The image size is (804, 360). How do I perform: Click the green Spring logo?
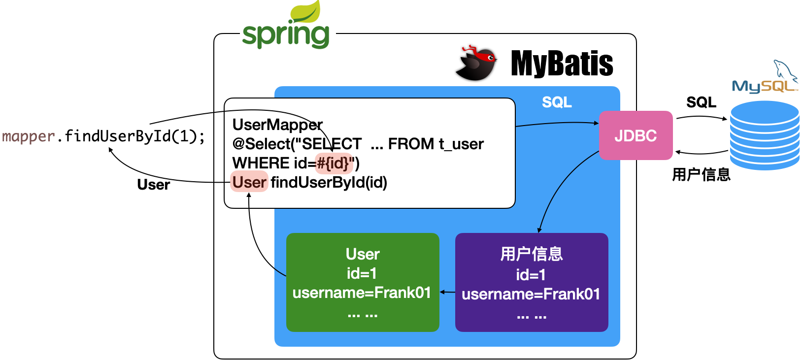(287, 27)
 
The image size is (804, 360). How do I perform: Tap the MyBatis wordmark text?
(562, 64)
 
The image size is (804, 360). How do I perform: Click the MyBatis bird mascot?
(474, 63)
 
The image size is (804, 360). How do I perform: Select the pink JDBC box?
(636, 135)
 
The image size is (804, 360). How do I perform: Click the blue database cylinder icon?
(764, 135)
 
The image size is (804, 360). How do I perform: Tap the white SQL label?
(557, 102)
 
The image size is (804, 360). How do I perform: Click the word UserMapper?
(277, 125)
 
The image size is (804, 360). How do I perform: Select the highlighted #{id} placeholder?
(334, 163)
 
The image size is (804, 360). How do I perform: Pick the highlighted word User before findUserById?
(249, 182)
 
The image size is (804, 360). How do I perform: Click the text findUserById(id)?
(329, 182)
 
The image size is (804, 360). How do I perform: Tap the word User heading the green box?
(363, 254)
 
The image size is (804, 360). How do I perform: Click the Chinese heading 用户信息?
(532, 254)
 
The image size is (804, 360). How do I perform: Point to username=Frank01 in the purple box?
(531, 295)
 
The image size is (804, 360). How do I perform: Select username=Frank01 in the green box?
(362, 293)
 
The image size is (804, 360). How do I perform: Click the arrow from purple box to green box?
(447, 292)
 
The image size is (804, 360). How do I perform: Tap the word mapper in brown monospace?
(28, 136)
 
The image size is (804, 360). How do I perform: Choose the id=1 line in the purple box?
(531, 275)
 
